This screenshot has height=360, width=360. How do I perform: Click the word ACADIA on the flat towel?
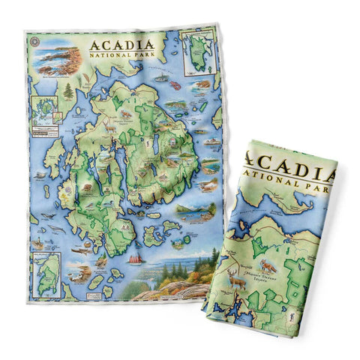click(124, 44)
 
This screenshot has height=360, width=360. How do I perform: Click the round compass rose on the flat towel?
click(32, 41)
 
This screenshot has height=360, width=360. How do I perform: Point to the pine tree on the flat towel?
click(68, 92)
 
